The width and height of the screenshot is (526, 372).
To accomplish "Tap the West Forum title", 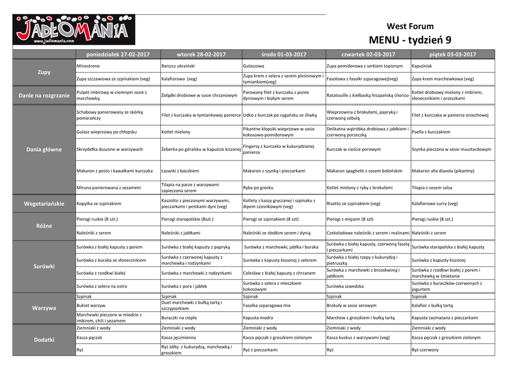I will (410, 26).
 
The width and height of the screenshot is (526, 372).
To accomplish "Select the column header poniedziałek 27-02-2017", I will (118, 54).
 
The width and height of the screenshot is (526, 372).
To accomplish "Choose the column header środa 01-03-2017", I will (284, 54).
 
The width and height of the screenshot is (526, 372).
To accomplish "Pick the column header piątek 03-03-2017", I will (453, 54).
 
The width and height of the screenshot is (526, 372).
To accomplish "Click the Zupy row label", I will (44, 72).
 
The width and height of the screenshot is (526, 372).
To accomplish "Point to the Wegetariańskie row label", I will (44, 204).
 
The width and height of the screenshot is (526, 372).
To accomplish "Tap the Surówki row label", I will (44, 266).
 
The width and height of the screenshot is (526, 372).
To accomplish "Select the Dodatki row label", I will (44, 340).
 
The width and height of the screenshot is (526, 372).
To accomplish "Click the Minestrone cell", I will (88, 66).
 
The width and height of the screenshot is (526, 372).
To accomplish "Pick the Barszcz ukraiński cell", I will (177, 66).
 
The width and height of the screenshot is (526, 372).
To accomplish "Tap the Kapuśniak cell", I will (422, 66).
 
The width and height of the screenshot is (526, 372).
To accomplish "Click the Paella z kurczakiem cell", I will (431, 132).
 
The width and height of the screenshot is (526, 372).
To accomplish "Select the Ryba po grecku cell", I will (258, 188).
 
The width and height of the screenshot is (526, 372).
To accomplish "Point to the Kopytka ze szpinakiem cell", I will (99, 204).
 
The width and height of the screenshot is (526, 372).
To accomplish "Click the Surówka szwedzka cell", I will (345, 286).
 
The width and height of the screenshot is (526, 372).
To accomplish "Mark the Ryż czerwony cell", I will (425, 350).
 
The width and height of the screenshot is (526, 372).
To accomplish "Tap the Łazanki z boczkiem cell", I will (180, 171).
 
